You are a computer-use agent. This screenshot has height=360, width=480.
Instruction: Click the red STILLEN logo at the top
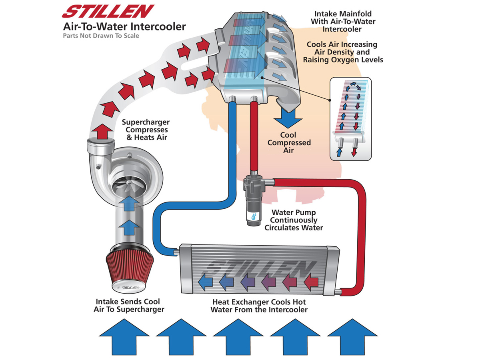(x=108, y=11)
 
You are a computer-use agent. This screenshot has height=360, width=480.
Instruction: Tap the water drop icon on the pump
(x=254, y=217)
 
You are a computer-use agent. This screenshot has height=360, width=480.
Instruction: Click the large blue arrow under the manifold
(x=288, y=118)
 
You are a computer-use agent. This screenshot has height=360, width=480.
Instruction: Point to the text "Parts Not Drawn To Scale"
(x=101, y=36)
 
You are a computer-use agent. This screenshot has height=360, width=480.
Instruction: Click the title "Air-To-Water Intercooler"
(x=124, y=27)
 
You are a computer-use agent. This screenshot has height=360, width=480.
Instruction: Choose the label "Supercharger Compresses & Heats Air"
(x=146, y=130)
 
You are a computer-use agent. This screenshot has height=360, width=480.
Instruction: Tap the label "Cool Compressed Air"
(x=289, y=142)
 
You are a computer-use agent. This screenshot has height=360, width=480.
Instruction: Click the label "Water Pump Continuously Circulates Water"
(x=294, y=220)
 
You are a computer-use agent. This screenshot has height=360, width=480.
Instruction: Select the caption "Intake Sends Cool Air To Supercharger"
(x=128, y=305)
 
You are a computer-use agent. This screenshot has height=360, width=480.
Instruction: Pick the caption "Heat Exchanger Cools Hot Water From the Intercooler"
(x=259, y=306)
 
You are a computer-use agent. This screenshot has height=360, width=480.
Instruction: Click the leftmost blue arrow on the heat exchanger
(x=205, y=282)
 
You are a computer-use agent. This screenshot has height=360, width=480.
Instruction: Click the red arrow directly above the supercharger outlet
(x=102, y=131)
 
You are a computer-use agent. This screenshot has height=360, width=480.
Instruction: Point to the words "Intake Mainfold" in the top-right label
(x=343, y=14)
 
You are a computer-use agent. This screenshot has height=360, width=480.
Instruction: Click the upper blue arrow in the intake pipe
(x=129, y=203)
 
